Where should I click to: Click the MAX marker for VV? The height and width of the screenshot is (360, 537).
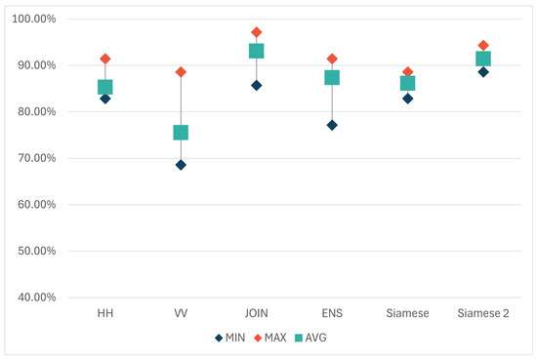click(x=181, y=72)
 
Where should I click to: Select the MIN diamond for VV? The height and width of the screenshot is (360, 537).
click(x=181, y=165)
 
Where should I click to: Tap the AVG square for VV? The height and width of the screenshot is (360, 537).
click(x=181, y=133)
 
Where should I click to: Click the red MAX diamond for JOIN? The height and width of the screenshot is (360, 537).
click(x=257, y=32)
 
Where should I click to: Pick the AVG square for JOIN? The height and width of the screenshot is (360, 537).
click(x=257, y=51)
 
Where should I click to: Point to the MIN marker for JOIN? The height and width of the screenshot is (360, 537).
click(x=257, y=85)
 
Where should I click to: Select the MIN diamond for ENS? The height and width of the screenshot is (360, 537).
click(x=332, y=125)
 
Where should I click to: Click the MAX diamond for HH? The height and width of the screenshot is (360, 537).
click(x=105, y=59)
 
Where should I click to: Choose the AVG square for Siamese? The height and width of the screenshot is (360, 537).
click(x=407, y=83)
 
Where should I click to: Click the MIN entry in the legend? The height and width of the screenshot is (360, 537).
click(x=230, y=339)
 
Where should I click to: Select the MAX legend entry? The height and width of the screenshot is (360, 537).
click(x=276, y=339)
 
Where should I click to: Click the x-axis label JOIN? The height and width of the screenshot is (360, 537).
click(x=257, y=312)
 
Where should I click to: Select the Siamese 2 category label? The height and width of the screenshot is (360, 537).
click(x=482, y=312)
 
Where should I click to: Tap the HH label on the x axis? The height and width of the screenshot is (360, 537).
click(x=105, y=312)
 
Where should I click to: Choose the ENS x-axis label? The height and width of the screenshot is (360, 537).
click(x=332, y=312)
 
